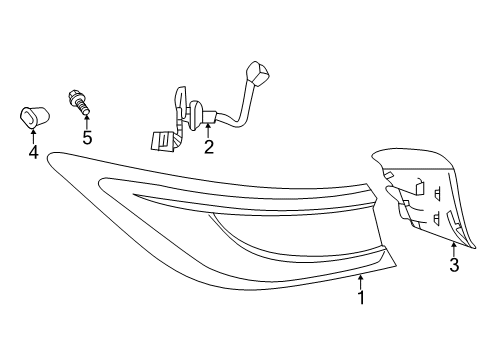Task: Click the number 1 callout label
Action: tap(361, 297)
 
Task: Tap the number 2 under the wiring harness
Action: tap(208, 148)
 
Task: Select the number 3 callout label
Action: tap(453, 265)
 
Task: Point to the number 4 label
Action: tap(33, 152)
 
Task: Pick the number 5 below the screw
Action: tap(87, 138)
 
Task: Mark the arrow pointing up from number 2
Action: tap(208, 130)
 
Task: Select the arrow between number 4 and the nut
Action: tap(33, 135)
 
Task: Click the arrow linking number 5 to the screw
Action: tap(87, 121)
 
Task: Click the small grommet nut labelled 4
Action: tap(32, 116)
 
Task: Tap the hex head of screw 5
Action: tap(76, 97)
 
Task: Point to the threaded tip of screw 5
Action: tap(89, 108)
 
